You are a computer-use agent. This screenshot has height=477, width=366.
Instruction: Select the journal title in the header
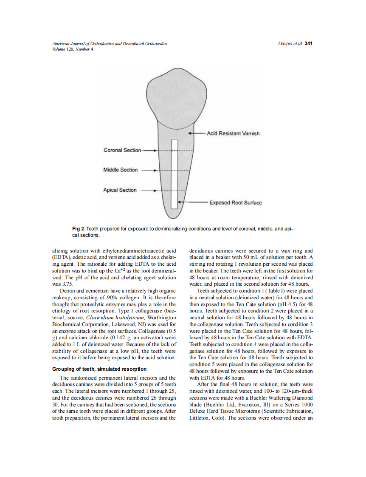pyautogui.click(x=109, y=44)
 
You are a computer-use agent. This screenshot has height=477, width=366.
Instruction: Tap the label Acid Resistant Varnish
pyautogui.click(x=233, y=133)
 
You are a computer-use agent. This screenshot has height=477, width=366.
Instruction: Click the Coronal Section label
pyautogui.click(x=122, y=150)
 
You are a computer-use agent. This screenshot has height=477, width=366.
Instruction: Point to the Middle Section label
pyautogui.click(x=121, y=170)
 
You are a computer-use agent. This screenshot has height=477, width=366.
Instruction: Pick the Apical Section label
pyautogui.click(x=120, y=190)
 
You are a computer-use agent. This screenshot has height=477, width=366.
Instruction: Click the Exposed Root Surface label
pyautogui.click(x=235, y=202)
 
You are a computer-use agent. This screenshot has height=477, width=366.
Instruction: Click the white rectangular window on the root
pyautogui.click(x=174, y=174)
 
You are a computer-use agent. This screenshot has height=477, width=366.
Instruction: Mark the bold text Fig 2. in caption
pyautogui.click(x=79, y=229)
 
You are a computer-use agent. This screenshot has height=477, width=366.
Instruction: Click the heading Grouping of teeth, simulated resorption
pyautogui.click(x=99, y=369)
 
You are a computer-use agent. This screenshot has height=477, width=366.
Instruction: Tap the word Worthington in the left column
pyautogui.click(x=162, y=318)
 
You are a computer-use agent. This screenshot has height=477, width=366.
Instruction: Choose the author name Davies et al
pyautogui.click(x=290, y=43)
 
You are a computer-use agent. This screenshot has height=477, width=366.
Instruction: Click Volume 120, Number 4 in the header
pyautogui.click(x=72, y=49)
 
